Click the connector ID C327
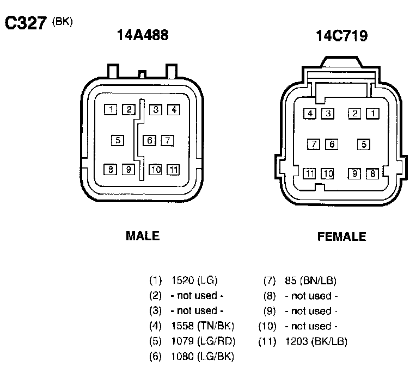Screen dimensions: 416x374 point(26,23)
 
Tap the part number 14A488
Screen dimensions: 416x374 point(143,35)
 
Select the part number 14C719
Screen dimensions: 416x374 point(342,36)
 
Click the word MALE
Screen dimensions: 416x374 point(143,236)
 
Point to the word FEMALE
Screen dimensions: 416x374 point(342,236)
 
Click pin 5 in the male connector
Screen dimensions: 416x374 point(118,140)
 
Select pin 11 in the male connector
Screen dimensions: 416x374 point(173,170)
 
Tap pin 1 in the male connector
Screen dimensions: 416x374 point(111,109)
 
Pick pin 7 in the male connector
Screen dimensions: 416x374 point(167,140)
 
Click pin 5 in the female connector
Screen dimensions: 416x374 point(364,145)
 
